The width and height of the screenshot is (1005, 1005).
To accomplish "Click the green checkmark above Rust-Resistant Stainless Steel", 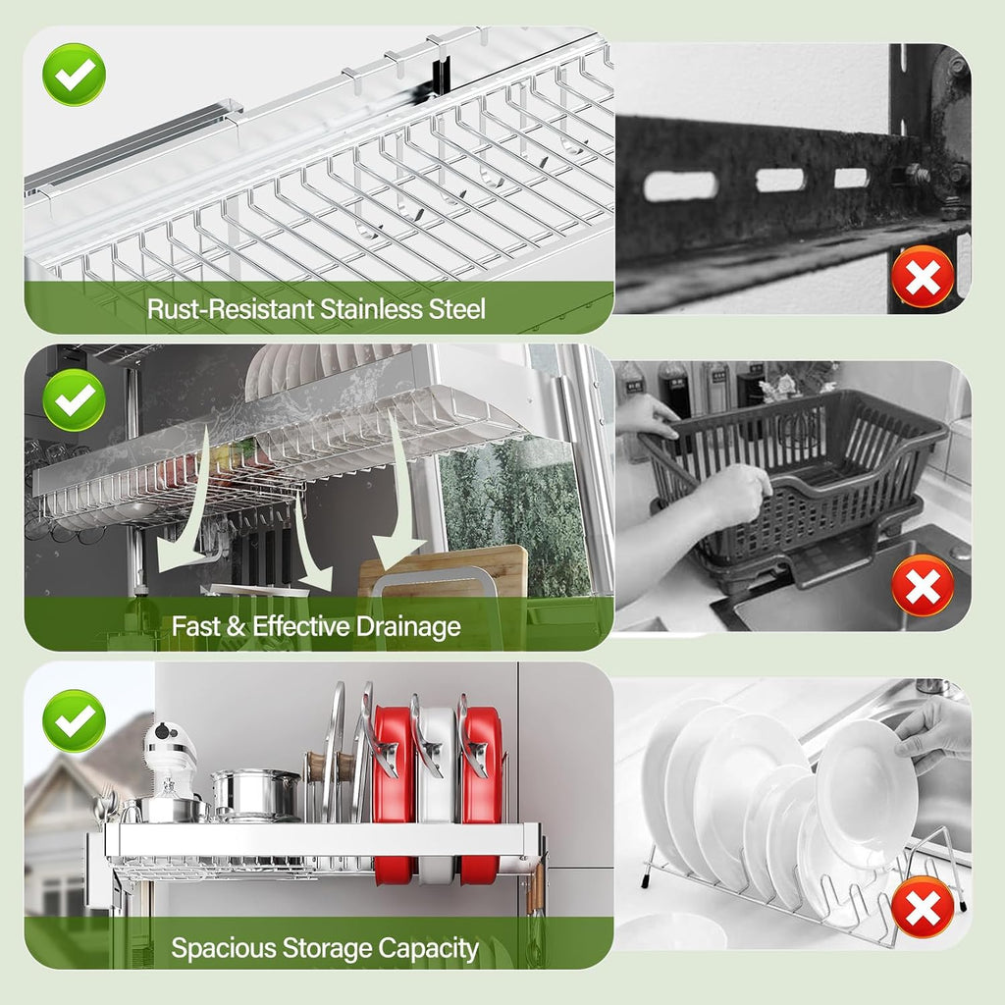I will (x=74, y=74).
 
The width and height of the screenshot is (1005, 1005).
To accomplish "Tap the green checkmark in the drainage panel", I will (x=74, y=398).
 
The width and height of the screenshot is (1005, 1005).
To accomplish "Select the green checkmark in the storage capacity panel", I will (x=74, y=721).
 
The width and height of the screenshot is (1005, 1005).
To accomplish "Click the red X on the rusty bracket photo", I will (x=923, y=277).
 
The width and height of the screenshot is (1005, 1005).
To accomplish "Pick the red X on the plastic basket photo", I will (x=923, y=586).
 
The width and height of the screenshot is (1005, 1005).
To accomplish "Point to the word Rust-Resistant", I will (x=232, y=309).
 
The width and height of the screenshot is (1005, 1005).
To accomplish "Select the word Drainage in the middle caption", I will (x=398, y=626).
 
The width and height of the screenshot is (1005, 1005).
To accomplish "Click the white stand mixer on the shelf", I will (x=171, y=766).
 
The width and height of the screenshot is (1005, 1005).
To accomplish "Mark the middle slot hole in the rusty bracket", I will (x=779, y=180).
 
